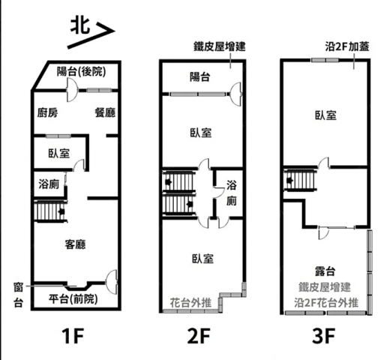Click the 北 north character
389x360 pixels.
pos(80,25)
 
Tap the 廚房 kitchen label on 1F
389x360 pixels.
pos(48,112)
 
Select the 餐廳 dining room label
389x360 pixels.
pos(105,112)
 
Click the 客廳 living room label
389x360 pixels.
pos(75,244)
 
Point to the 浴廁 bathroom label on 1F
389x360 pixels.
pos(49,184)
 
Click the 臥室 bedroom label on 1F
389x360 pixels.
pos(59,153)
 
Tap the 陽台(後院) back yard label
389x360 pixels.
pos(82,72)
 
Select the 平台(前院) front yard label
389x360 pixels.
pos(73,299)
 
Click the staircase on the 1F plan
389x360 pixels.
pos(50,211)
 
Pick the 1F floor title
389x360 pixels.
pos(73,336)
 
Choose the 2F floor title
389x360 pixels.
pos(199,336)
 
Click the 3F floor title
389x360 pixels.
pos(324,336)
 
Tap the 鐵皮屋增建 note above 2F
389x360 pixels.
pos(220,46)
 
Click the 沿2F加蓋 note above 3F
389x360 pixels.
pos(347,46)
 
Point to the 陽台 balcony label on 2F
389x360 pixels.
pos(200,76)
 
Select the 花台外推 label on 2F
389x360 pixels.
pos(191,303)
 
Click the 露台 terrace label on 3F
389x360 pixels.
pos(325,271)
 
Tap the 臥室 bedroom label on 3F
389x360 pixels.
pos(325,115)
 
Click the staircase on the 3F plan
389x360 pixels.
pos(300,180)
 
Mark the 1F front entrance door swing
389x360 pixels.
pos(112,280)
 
